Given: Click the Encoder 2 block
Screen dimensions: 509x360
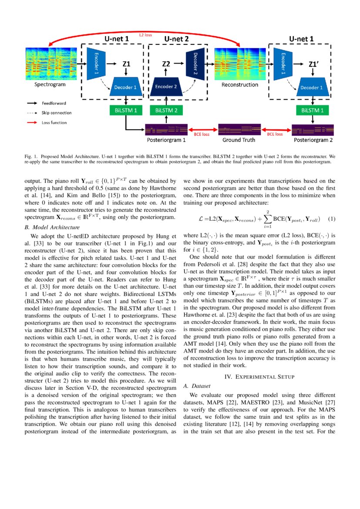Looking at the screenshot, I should coord(164,87).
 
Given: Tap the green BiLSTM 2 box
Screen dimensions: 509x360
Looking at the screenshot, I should coord(164,111).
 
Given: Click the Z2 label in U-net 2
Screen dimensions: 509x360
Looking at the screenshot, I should coord(166,64).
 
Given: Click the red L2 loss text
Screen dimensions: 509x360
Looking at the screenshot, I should coord(145,35).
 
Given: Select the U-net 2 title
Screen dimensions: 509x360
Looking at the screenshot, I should coord(176,39).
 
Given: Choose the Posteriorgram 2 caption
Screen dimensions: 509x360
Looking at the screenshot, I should coord(313,140).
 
